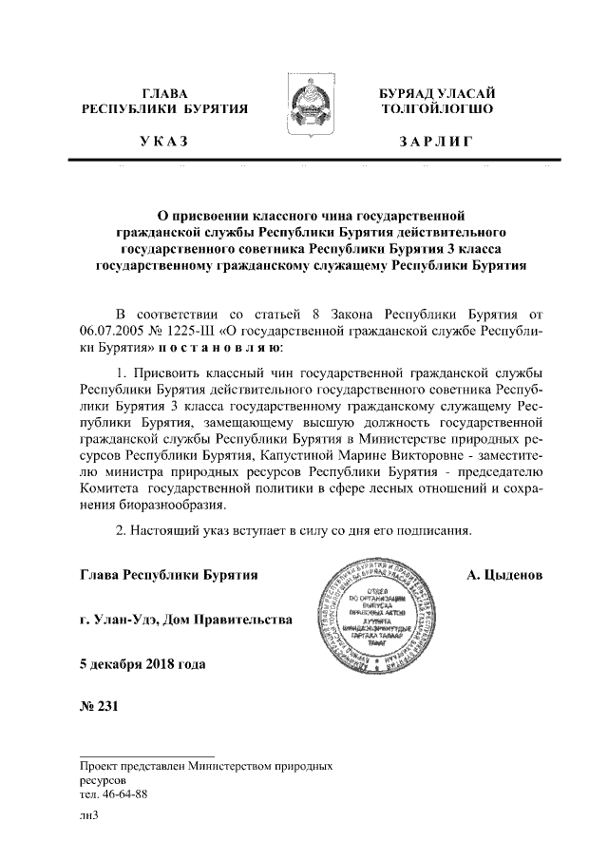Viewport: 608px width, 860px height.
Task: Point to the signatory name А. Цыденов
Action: pos(504,576)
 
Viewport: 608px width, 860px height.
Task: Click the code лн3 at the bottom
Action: pos(90,814)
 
